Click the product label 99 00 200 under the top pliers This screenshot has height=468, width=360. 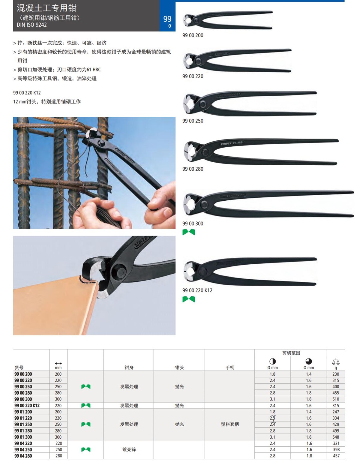tap(193, 35)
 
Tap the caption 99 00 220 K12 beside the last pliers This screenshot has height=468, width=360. tap(197, 290)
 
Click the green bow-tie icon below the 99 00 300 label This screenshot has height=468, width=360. tap(189, 232)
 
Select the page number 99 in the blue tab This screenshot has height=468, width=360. tap(167, 19)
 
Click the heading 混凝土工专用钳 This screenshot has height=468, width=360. tap(46, 8)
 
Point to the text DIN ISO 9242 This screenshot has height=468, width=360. tap(32, 25)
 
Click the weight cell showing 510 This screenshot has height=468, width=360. tap(336, 399)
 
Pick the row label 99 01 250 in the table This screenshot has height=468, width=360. tap(23, 424)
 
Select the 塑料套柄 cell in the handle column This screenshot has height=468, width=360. tap(230, 424)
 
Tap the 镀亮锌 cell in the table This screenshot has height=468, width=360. tap(129, 449)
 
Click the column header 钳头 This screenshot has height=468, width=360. tap(179, 367)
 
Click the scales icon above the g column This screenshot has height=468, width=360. tap(336, 361)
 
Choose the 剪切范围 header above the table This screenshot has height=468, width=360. tap(291, 353)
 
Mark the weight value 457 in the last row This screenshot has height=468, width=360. tap(336, 456)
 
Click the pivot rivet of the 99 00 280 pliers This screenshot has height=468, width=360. tap(205, 152)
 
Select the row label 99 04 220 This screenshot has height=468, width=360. tap(23, 443)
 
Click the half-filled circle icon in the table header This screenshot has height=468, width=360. tap(273, 361)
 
